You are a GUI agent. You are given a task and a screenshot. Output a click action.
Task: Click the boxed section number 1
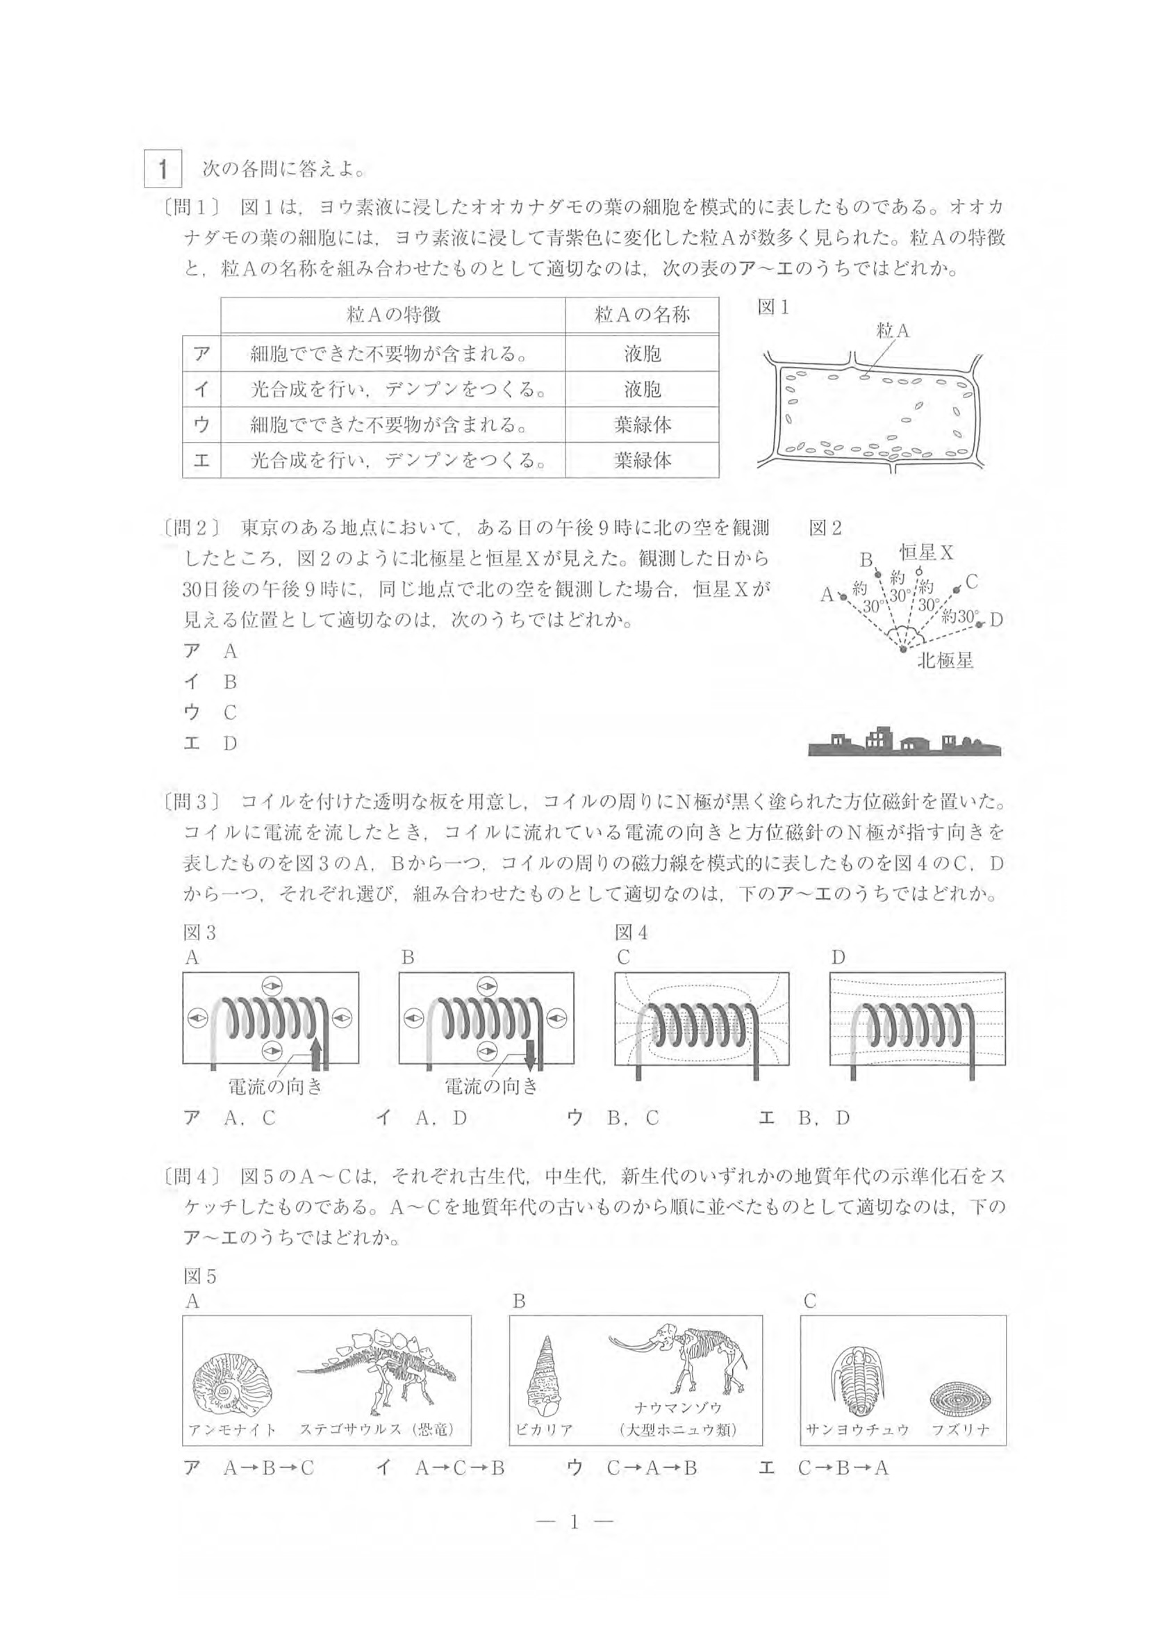[163, 170]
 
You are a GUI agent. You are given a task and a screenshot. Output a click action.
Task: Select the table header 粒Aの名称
[642, 315]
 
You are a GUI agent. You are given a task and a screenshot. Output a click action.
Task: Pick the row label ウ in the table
[201, 424]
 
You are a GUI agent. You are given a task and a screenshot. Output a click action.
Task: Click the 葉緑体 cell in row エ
[642, 460]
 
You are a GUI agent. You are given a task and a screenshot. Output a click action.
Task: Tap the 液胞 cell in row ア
[642, 353]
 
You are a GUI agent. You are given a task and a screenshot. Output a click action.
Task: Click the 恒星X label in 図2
[926, 552]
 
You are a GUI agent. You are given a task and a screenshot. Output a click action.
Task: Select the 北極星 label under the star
[945, 661]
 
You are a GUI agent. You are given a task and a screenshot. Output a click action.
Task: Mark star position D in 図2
[979, 624]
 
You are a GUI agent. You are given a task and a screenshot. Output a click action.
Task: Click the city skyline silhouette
[904, 743]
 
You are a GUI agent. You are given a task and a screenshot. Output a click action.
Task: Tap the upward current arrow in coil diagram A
[317, 1052]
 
